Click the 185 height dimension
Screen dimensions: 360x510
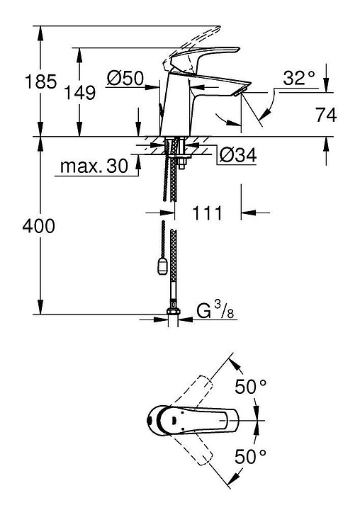(40, 81)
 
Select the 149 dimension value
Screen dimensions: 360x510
(80, 92)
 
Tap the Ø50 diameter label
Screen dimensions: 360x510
(125, 78)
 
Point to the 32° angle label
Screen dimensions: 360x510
(299, 78)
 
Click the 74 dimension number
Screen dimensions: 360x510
(326, 115)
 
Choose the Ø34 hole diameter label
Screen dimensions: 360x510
(238, 155)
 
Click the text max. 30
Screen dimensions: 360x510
(94, 166)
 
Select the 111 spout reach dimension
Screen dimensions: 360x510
(207, 213)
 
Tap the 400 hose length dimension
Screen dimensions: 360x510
(39, 226)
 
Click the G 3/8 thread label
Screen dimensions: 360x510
(215, 311)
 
